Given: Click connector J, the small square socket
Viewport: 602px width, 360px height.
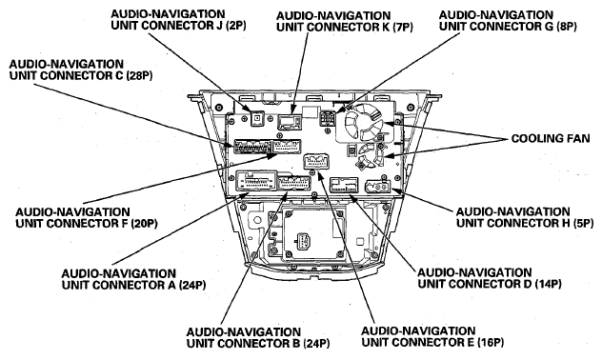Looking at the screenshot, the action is coord(256,119).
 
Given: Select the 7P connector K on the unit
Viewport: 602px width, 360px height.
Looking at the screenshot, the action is coord(290,122).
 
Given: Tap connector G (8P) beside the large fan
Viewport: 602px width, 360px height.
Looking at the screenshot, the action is coord(327,119).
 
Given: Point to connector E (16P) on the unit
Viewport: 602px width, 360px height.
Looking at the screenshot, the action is coord(316,161).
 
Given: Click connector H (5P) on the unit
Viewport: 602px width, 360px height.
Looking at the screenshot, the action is coord(377,187).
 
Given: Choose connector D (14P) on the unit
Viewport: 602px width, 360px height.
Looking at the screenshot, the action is coord(345,185).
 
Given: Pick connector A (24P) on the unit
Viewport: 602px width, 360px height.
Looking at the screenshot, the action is coord(257,180).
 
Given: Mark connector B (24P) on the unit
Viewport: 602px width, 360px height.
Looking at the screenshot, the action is coord(294,183).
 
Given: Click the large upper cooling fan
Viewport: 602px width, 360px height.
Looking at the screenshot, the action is coord(365,123).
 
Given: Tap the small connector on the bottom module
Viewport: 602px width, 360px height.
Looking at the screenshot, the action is coord(303,242).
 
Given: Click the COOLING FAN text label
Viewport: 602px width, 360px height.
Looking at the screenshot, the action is coord(551,138).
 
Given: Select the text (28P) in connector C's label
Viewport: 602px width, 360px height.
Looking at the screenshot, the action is coord(139,75).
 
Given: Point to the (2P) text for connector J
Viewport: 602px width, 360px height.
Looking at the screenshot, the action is coord(235,26).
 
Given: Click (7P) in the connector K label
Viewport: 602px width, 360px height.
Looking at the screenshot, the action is coord(403,28).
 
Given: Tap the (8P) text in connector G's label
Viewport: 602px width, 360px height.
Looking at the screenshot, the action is coord(567,27).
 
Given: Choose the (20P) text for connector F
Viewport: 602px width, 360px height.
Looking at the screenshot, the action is coord(144,224).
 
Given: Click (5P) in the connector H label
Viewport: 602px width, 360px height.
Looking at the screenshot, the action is coord(583,223).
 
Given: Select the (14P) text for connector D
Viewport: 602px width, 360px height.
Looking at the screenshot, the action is coord(548,284).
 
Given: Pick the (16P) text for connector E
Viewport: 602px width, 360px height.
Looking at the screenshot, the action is coord(491,342).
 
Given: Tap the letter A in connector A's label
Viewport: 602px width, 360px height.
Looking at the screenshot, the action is coord(171,285).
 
